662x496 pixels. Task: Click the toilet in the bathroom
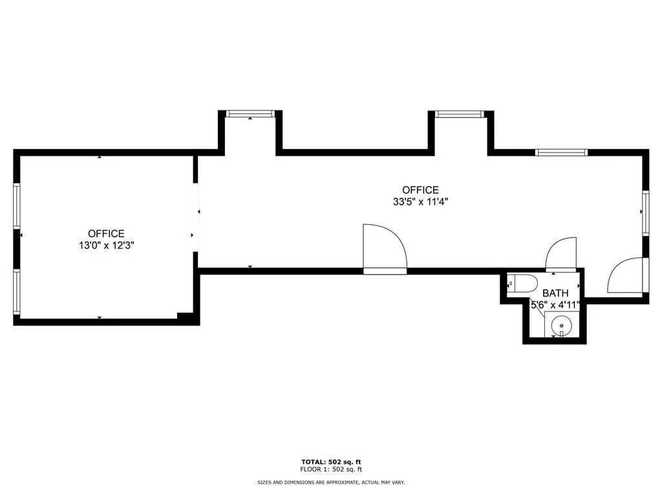pyautogui.click(x=523, y=283)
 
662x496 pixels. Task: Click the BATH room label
pyautogui.click(x=555, y=293)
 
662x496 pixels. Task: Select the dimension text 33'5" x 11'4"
pyautogui.click(x=420, y=201)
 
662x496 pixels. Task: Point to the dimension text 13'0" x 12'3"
pyautogui.click(x=107, y=245)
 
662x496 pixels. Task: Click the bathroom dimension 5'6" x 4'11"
pyautogui.click(x=555, y=305)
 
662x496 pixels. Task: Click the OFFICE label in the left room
pyautogui.click(x=107, y=233)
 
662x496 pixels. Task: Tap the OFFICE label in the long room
pyautogui.click(x=420, y=190)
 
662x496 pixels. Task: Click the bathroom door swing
pyautogui.click(x=560, y=254)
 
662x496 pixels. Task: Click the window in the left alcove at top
pyautogui.click(x=250, y=114)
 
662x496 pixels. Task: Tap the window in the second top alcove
pyautogui.click(x=459, y=114)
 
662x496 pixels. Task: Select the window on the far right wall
pyautogui.click(x=645, y=212)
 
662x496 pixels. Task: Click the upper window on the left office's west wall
pyautogui.click(x=17, y=205)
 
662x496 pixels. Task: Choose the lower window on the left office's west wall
pyautogui.click(x=17, y=291)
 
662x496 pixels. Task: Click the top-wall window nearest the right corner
pyautogui.click(x=561, y=153)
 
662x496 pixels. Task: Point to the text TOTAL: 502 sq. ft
pyautogui.click(x=331, y=461)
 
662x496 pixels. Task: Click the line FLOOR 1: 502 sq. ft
pyautogui.click(x=331, y=470)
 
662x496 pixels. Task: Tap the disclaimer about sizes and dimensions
pyautogui.click(x=331, y=482)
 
